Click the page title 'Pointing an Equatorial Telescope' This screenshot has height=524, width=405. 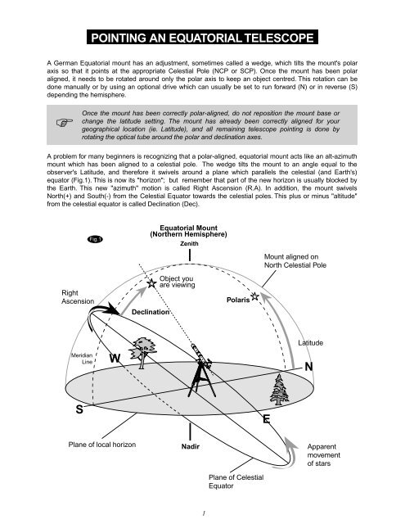click(202, 37)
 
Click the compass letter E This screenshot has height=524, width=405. click(267, 420)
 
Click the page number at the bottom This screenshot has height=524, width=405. click(189, 515)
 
